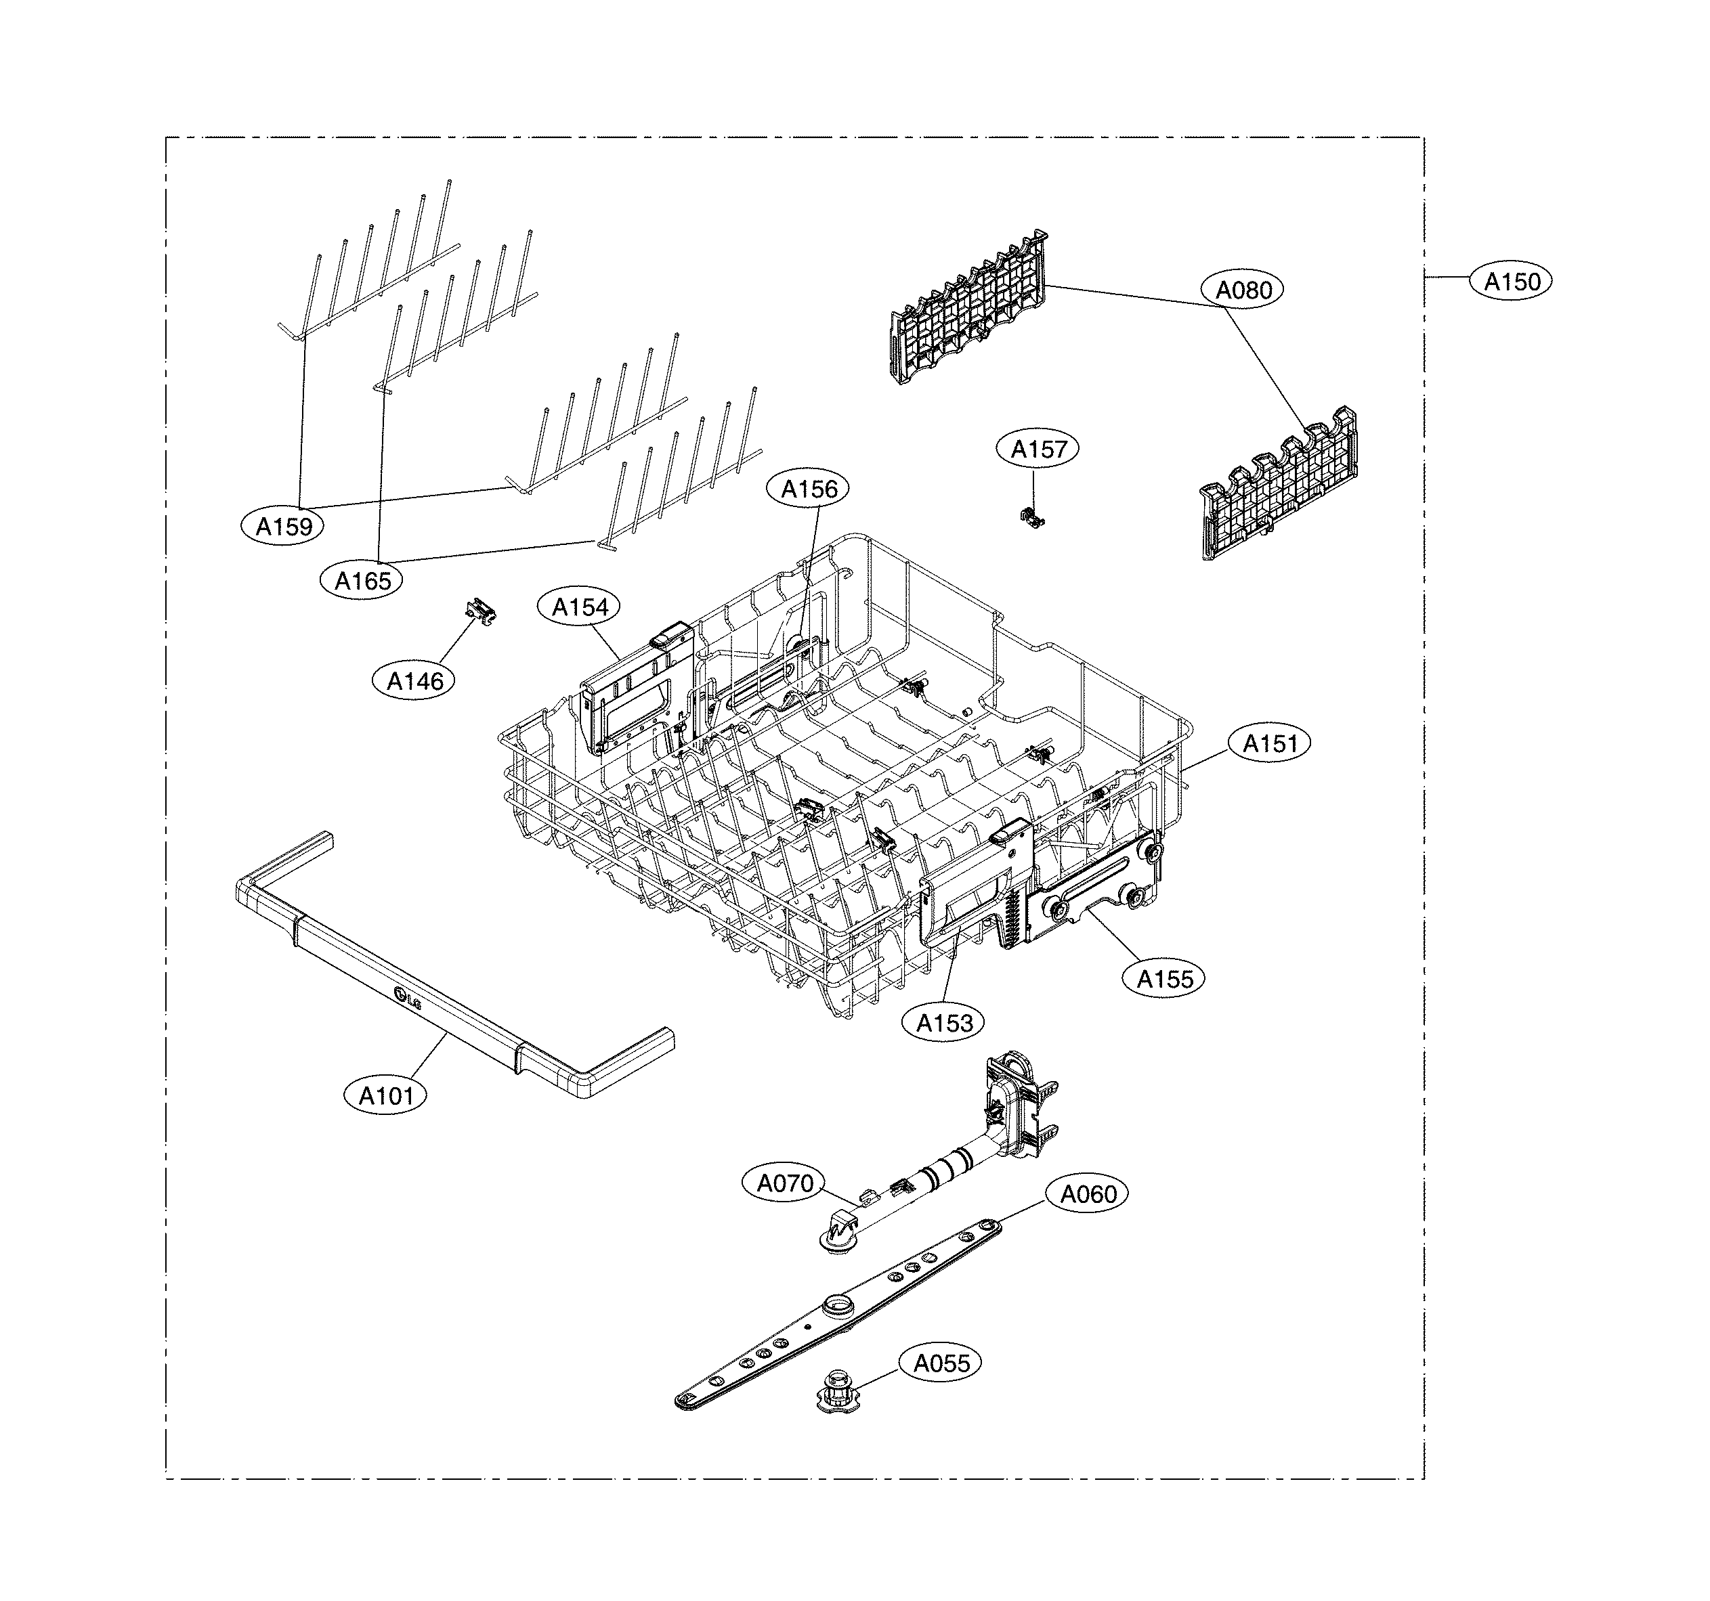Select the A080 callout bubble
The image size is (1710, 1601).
[x=1244, y=290]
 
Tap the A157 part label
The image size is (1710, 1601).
[x=1038, y=449]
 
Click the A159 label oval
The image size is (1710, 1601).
[x=284, y=525]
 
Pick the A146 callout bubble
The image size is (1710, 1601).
[x=414, y=681]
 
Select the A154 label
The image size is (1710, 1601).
[x=580, y=607]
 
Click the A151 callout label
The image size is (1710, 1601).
[x=1270, y=743]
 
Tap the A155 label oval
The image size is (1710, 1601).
[x=1165, y=978]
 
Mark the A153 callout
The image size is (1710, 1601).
[x=943, y=1022]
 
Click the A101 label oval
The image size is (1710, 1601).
[x=386, y=1095]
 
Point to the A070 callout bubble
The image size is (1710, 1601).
[x=784, y=1183]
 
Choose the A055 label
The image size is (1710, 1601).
[x=941, y=1363]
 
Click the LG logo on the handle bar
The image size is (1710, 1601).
[x=407, y=999]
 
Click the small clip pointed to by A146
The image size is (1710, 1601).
[x=482, y=611]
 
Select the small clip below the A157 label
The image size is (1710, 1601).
[x=1032, y=516]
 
